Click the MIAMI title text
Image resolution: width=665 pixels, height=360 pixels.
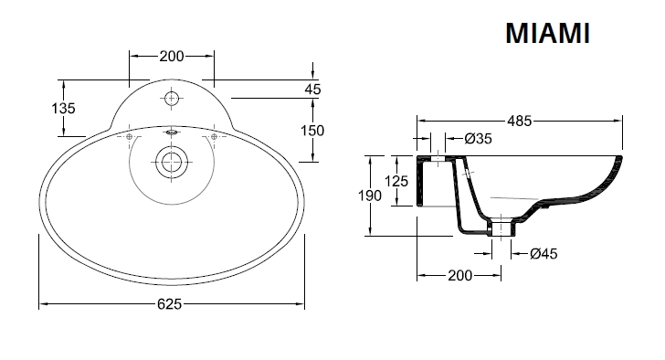[547, 33]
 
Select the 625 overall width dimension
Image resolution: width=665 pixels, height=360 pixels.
[169, 304]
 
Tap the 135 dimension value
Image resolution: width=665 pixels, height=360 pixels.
[63, 109]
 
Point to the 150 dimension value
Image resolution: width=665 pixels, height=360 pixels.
[312, 130]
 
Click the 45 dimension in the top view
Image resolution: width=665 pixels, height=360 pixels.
[312, 90]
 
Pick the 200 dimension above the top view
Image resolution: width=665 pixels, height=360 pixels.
[172, 56]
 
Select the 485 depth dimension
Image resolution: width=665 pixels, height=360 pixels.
[520, 122]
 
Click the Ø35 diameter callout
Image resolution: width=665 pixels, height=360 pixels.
[479, 138]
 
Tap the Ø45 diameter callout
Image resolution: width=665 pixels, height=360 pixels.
[544, 254]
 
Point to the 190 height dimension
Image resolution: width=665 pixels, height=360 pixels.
[370, 196]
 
